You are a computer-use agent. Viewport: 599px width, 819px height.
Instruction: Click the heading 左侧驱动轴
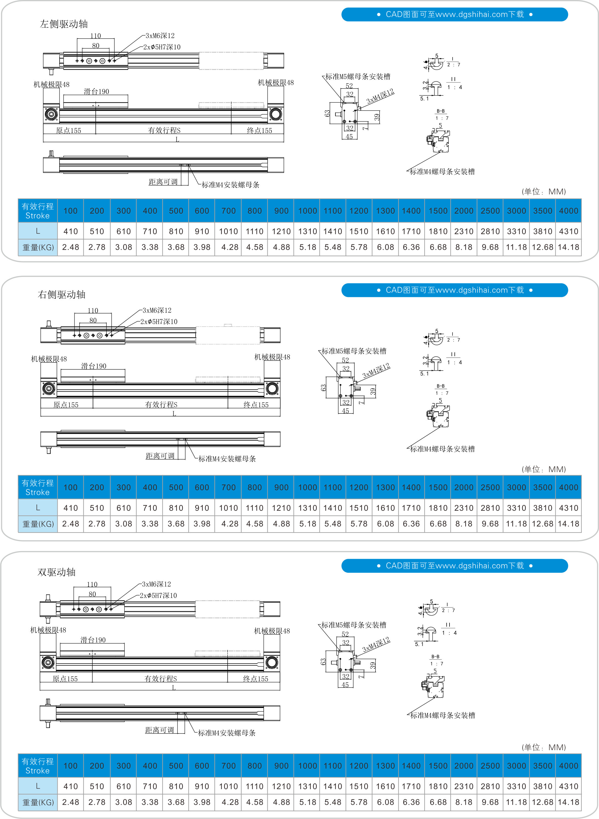64,24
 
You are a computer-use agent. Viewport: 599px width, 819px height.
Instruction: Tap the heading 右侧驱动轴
62,295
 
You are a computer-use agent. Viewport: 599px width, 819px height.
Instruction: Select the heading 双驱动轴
56,572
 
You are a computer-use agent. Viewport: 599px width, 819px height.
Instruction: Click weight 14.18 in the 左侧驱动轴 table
568,247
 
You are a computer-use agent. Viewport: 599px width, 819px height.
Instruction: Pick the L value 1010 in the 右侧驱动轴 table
228,508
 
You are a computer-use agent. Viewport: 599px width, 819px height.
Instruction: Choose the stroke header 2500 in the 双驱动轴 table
490,766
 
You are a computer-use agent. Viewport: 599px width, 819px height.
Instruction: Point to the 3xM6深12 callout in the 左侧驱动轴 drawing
160,36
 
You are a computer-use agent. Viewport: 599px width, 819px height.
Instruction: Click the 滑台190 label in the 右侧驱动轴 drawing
94,366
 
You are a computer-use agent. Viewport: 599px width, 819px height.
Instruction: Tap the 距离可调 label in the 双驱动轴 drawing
160,730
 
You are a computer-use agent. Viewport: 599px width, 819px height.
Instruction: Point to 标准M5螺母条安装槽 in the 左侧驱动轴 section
358,76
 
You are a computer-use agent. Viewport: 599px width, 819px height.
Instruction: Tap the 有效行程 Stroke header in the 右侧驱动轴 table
38,488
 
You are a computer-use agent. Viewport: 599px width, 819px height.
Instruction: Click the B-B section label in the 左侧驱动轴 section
440,111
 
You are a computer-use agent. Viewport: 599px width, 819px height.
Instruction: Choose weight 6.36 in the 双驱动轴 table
411,802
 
